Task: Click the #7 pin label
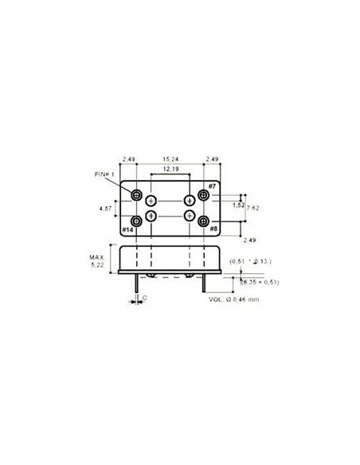pyautogui.click(x=211, y=186)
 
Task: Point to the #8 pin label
pyautogui.click(x=212, y=229)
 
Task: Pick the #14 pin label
pyautogui.click(x=127, y=230)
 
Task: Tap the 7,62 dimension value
pyautogui.click(x=253, y=208)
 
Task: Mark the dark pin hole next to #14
pyautogui.click(x=138, y=220)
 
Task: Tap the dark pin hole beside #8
pyautogui.click(x=203, y=220)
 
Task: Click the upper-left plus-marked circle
pyautogui.click(x=152, y=201)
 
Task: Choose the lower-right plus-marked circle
pyautogui.click(x=189, y=216)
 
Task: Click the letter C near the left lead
pyautogui.click(x=143, y=298)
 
